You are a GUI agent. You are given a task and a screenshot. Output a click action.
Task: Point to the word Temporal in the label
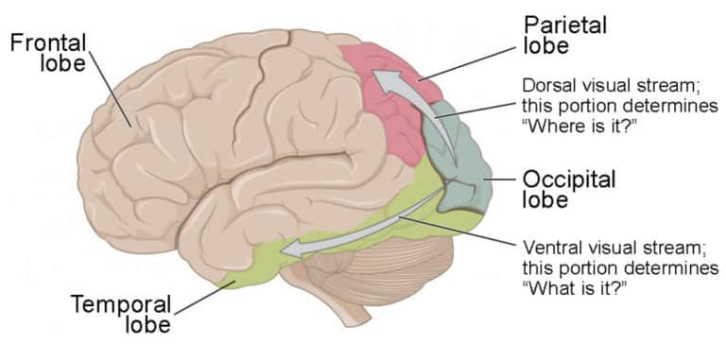(121, 303)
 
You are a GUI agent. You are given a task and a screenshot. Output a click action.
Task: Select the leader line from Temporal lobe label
(204, 296)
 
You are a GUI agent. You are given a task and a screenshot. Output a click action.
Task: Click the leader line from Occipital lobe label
(499, 177)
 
